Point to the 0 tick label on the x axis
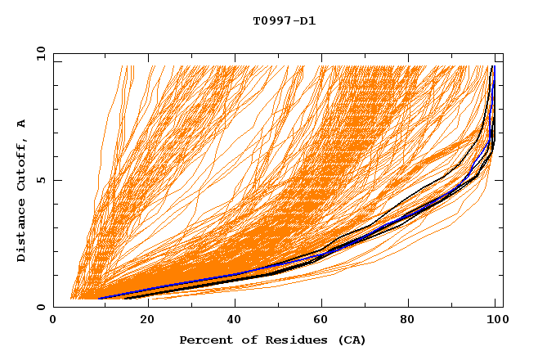click(x=54, y=322)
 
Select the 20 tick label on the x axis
click(x=142, y=322)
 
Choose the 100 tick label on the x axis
click(x=495, y=322)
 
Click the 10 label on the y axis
click(x=40, y=53)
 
